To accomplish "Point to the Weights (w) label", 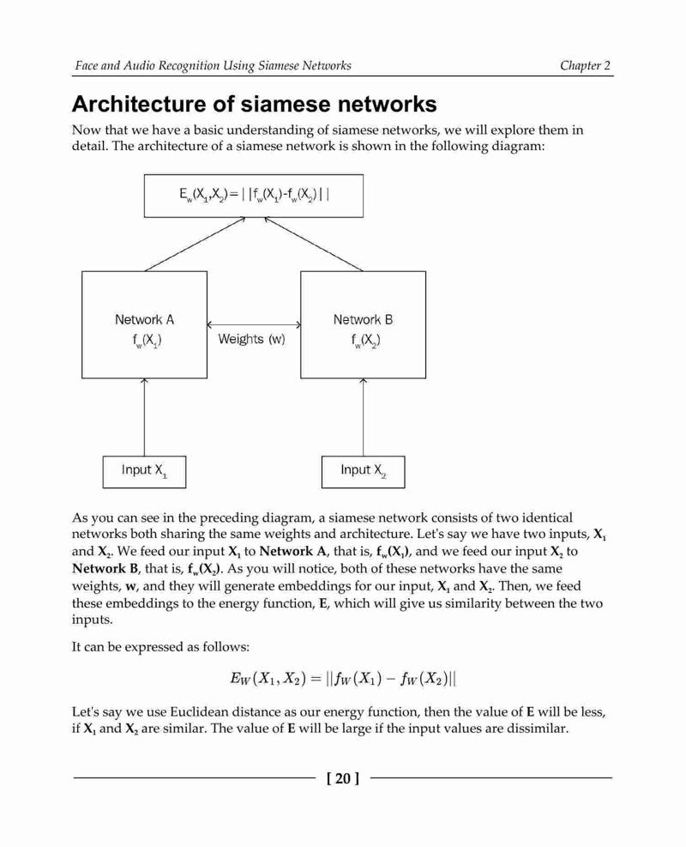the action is pos(251,339).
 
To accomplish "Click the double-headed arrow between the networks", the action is pos(254,324).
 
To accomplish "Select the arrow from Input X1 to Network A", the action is pos(144,417).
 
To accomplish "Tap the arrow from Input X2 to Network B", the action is pos(363,417).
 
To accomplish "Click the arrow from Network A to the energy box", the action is pos(196,245).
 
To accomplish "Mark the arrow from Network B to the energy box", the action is pos(313,245).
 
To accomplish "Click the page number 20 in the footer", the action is pos(343,778).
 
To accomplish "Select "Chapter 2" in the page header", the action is pos(585,65).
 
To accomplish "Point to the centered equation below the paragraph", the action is pos(343,678).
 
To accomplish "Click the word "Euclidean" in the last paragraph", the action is pos(200,712).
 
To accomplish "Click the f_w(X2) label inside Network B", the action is pos(365,341).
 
